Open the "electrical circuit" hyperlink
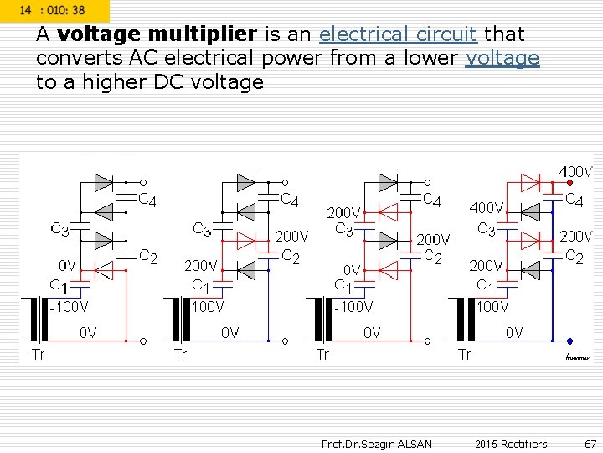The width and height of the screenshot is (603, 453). (398, 35)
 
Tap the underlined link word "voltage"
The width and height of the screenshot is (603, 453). (502, 59)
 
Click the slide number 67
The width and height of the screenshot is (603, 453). (590, 444)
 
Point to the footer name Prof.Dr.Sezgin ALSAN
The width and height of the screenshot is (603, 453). (377, 444)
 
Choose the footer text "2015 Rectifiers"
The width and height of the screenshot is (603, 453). (510, 444)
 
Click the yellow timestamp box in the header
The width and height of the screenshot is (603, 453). (55, 9)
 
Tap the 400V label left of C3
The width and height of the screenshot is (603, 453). (487, 207)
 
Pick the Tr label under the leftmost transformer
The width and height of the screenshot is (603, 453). (39, 354)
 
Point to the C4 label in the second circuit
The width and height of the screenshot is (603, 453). (289, 200)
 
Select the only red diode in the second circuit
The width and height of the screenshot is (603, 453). (246, 241)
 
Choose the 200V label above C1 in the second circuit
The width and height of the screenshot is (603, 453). (201, 265)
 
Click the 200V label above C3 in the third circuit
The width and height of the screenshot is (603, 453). (343, 213)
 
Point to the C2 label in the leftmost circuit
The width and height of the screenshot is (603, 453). (147, 256)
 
